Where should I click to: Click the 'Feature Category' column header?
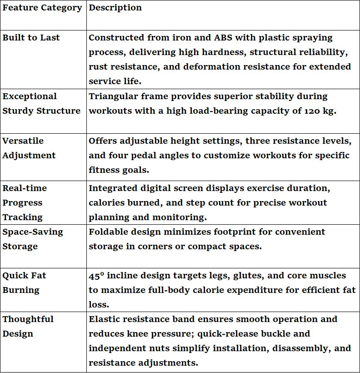[42, 8]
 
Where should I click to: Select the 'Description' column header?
[115, 8]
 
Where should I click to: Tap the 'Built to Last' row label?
[31, 38]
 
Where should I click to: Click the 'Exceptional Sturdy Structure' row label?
[41, 103]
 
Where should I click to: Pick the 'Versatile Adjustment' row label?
[29, 148]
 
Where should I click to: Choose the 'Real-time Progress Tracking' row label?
[25, 202]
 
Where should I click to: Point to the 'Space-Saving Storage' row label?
[33, 239]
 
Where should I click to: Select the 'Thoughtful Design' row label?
[28, 326]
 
